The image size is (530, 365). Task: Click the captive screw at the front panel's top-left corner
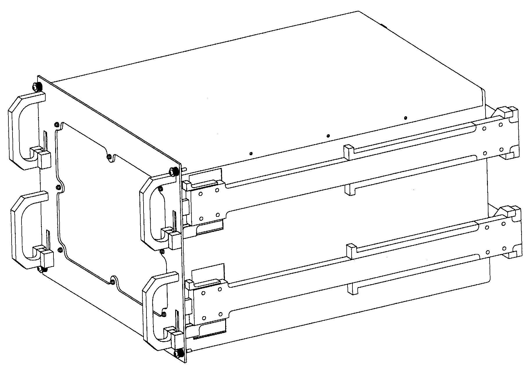pos(36,87)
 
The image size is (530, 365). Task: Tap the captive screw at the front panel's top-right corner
pos(173,171)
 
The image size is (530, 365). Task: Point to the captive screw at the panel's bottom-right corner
pos(178,353)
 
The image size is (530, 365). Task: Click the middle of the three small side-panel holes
pos(328,136)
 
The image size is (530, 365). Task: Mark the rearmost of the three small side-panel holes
pos(406,118)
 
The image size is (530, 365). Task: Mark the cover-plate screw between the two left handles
pos(58,187)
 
